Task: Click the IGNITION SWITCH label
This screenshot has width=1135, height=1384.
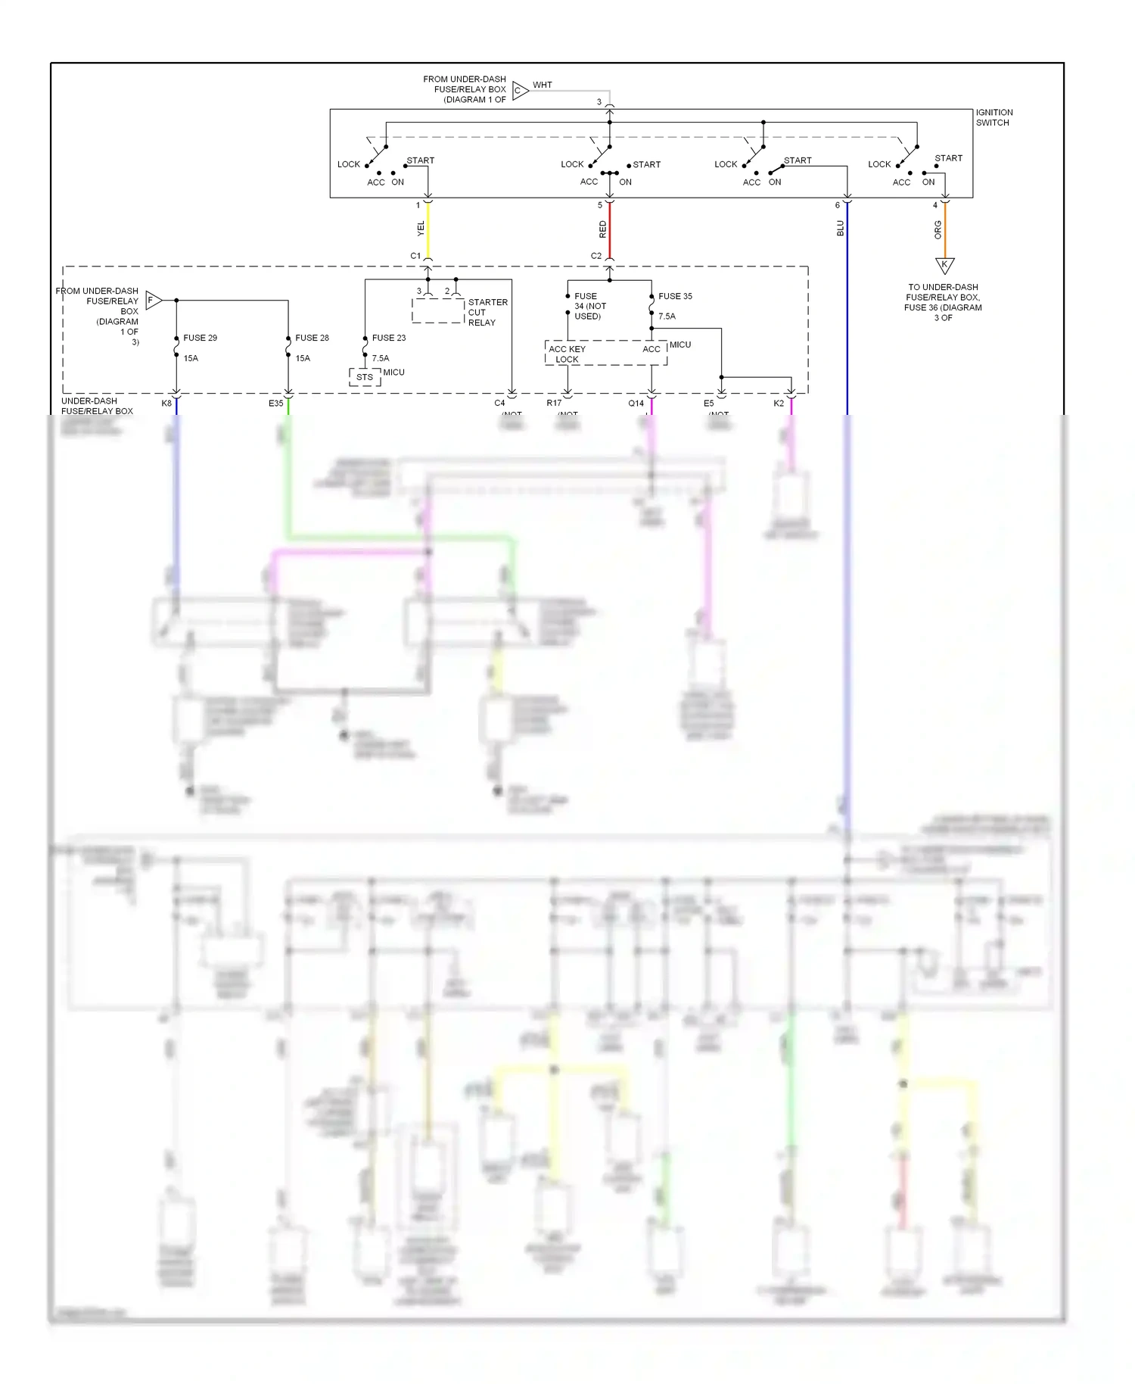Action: pos(994,117)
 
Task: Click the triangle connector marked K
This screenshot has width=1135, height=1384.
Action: pos(944,265)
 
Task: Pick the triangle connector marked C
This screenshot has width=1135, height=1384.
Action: pos(520,91)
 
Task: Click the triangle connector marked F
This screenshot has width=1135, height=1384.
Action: pos(153,300)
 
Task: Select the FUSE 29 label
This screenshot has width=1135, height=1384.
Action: pos(200,338)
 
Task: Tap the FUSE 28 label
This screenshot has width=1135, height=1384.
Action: pos(312,338)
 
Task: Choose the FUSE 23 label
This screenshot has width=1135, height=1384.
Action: pos(389,338)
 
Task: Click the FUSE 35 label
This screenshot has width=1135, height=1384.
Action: pos(675,296)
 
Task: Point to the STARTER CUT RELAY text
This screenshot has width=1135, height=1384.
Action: pos(487,312)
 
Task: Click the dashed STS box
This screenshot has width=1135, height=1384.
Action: pos(365,377)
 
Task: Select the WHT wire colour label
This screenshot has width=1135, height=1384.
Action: pos(543,85)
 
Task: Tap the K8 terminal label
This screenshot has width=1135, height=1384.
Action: pos(166,404)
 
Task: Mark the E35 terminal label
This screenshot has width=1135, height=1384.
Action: pos(275,404)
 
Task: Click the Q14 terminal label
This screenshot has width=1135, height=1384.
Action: pos(636,404)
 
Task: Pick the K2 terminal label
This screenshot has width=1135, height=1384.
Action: pos(779,404)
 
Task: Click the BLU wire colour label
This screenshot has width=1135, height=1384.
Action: pos(840,228)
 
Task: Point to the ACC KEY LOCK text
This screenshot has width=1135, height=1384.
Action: pos(567,354)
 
